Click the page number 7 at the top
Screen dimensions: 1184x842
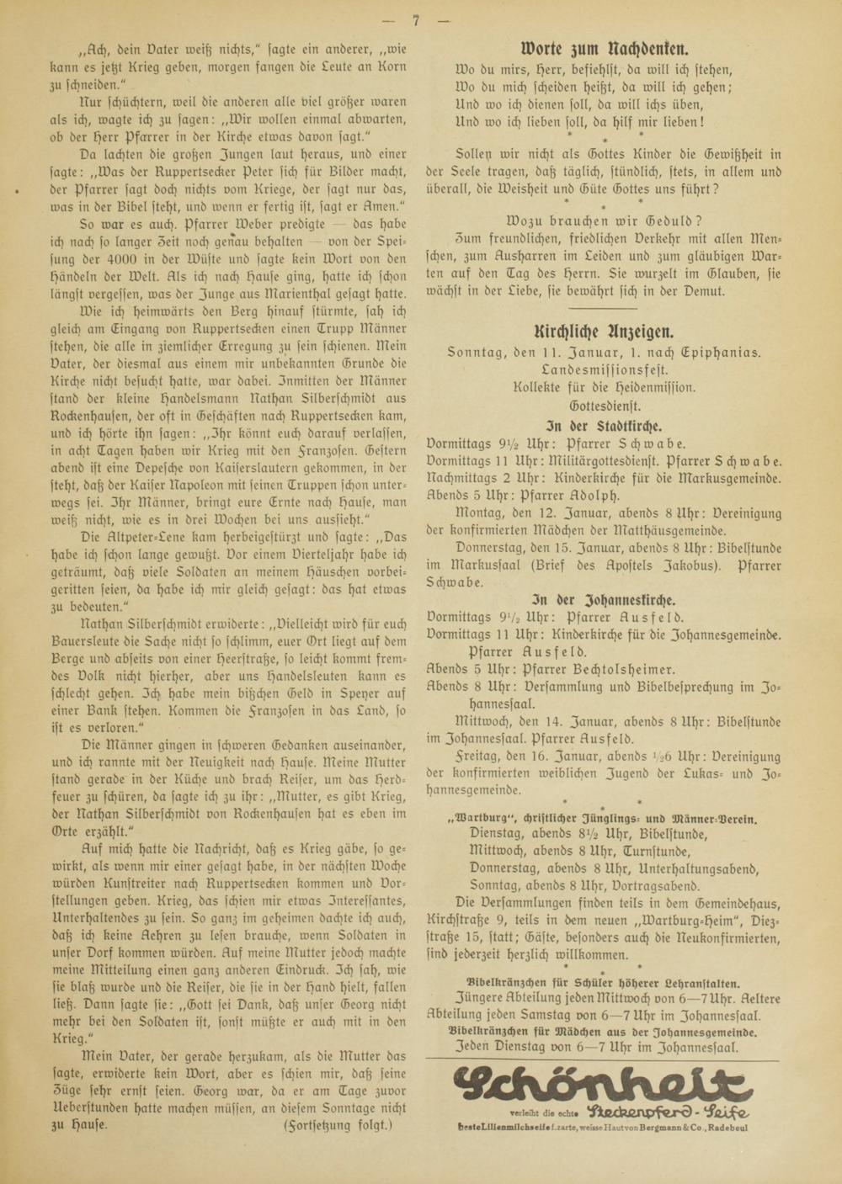(416, 20)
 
